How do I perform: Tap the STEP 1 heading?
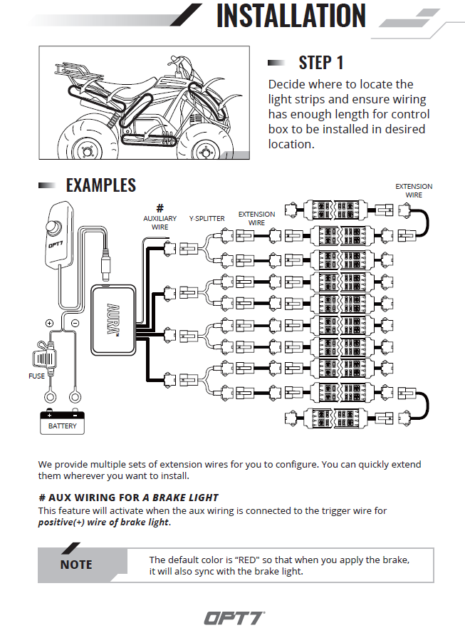(320, 63)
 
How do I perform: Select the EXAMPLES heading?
(100, 185)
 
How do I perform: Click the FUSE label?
(36, 376)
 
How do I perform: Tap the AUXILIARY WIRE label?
(160, 222)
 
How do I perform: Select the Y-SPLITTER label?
(207, 218)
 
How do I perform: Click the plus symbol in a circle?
(49, 323)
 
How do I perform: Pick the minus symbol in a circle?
(75, 323)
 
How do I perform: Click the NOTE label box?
(76, 565)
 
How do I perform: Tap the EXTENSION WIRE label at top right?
(414, 190)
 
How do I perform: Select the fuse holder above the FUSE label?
(46, 354)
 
